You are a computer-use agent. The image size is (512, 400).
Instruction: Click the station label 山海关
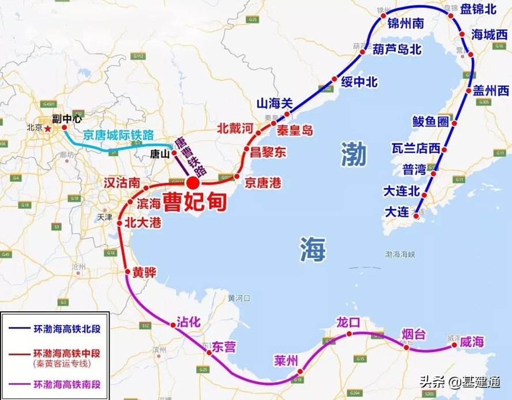pyautogui.click(x=275, y=104)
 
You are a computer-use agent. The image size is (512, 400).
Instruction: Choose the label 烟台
pyautogui.click(x=413, y=333)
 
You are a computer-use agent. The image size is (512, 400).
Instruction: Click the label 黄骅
pyautogui.click(x=144, y=272)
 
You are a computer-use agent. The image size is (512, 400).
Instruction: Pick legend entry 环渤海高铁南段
pyautogui.click(x=67, y=384)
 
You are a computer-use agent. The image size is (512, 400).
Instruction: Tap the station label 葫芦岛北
pyautogui.click(x=397, y=50)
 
